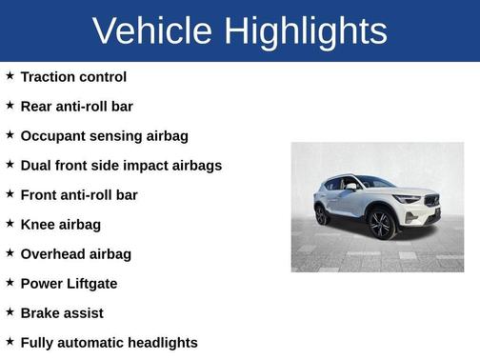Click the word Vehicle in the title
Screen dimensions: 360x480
151,31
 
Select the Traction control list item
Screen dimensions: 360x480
73,77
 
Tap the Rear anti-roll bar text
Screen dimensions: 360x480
76,107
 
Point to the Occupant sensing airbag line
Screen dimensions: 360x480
104,136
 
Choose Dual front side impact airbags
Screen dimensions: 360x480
121,166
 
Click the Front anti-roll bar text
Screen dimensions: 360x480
79,195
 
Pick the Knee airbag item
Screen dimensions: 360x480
60,225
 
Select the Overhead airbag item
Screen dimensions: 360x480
75,254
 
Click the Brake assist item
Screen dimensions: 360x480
62,313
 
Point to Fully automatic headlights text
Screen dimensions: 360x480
109,343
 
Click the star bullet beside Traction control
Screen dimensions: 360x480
10,76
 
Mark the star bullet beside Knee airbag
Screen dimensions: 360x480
10,224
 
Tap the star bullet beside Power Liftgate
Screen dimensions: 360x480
10,283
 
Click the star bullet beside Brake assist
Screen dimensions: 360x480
10,312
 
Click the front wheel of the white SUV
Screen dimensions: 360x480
382,224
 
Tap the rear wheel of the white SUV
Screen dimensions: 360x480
322,215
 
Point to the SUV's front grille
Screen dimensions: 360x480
432,201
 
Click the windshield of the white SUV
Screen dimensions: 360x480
374,182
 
